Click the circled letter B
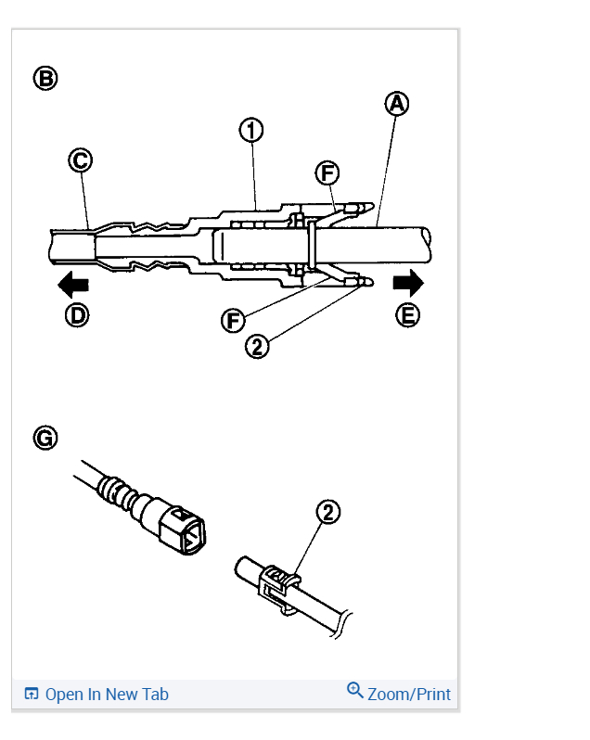coord(45,77)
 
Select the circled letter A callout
coord(397,104)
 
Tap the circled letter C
coord(81,161)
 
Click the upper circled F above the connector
coord(327,173)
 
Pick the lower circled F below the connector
coord(233,321)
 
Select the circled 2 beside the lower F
coord(258,346)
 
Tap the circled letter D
coord(77,315)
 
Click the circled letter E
coord(407,315)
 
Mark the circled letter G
coord(45,438)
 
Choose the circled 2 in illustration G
coord(328,512)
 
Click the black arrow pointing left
coord(72,283)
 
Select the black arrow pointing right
coord(408,281)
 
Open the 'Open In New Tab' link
coord(107,694)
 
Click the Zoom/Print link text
coord(408,694)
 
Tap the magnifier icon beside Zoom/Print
coord(354,691)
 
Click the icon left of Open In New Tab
coord(32,694)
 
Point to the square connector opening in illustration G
coord(189,533)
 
